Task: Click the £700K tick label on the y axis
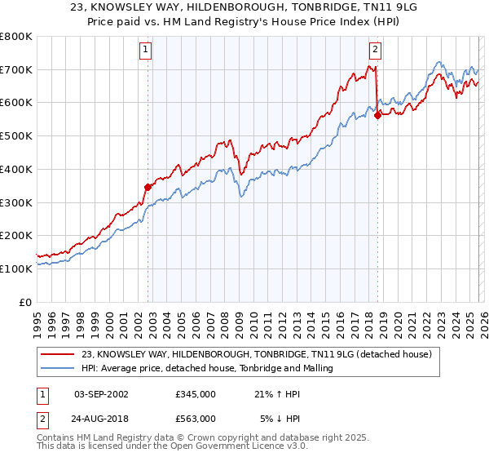pos(16,69)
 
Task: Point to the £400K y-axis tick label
pos(16,169)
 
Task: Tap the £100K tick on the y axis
pos(16,268)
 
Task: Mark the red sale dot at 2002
pos(148,187)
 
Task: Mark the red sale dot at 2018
pos(377,115)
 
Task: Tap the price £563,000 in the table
pos(195,418)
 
